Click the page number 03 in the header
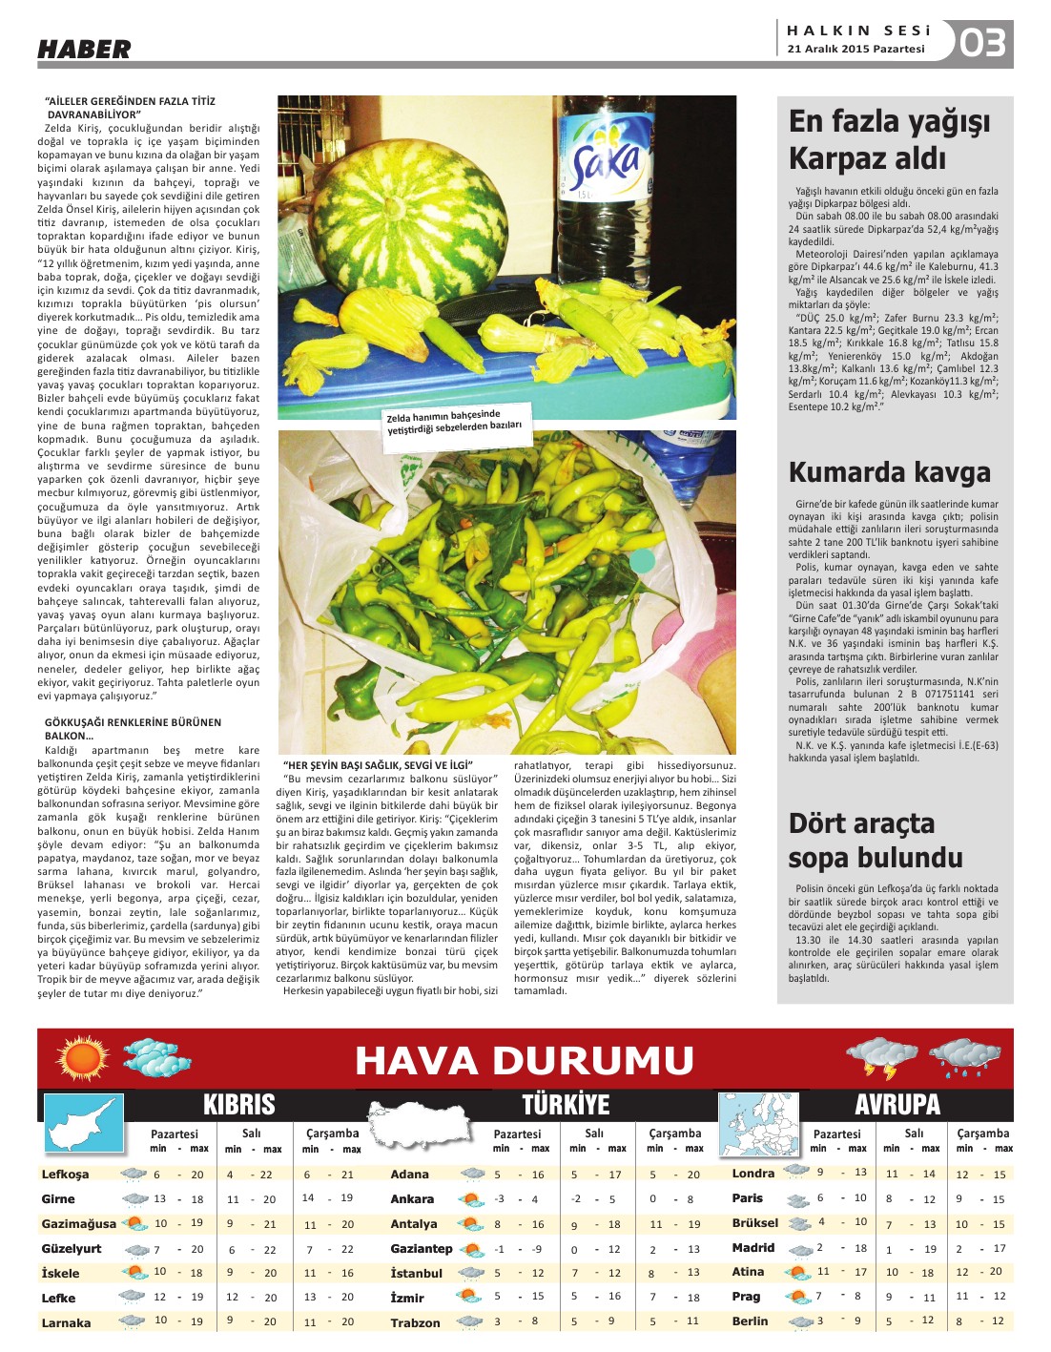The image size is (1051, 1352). pos(981,43)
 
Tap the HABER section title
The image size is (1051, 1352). pos(84,50)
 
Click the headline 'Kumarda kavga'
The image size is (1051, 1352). pos(889,472)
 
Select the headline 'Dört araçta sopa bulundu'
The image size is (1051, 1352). pos(875,841)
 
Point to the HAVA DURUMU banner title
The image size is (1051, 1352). pos(525,1061)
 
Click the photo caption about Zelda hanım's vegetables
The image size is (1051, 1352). pos(455,423)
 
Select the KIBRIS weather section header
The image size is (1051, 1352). pos(238,1105)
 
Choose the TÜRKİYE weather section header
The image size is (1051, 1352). pos(566,1105)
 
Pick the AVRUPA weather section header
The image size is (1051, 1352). pos(896,1105)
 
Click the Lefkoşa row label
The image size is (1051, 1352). pos(65,1175)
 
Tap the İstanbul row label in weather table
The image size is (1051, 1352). pos(416,1274)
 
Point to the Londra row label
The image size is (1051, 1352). pos(752,1174)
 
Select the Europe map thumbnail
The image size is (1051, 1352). pos(758,1126)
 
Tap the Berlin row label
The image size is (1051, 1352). pos(750,1321)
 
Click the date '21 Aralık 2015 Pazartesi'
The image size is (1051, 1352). pos(855,50)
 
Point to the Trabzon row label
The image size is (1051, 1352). pos(415,1323)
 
